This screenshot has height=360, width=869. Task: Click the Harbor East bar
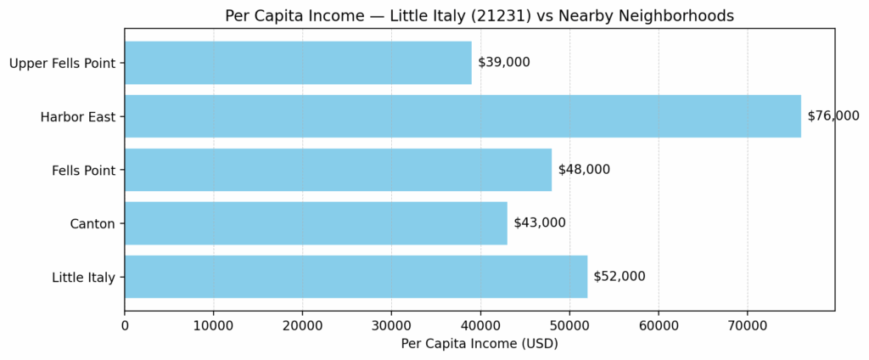463,116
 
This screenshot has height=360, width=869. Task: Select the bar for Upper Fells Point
298,63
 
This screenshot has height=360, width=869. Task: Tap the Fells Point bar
338,170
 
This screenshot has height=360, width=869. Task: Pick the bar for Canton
316,223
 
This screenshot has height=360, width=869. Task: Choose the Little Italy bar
356,277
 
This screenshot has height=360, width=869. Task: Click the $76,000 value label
833,116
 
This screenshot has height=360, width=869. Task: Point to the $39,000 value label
504,63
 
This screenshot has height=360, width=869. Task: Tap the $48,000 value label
584,170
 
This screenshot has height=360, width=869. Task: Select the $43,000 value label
540,223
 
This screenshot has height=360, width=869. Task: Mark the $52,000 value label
620,277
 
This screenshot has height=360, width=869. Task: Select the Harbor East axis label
78,116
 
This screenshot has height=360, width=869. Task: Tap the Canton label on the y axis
93,223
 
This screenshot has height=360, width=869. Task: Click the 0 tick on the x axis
125,323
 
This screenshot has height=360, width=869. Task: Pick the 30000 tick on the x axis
391,323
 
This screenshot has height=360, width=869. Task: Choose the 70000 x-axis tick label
747,323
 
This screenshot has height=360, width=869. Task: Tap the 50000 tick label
569,323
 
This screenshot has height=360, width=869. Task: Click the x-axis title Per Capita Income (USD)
479,344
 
